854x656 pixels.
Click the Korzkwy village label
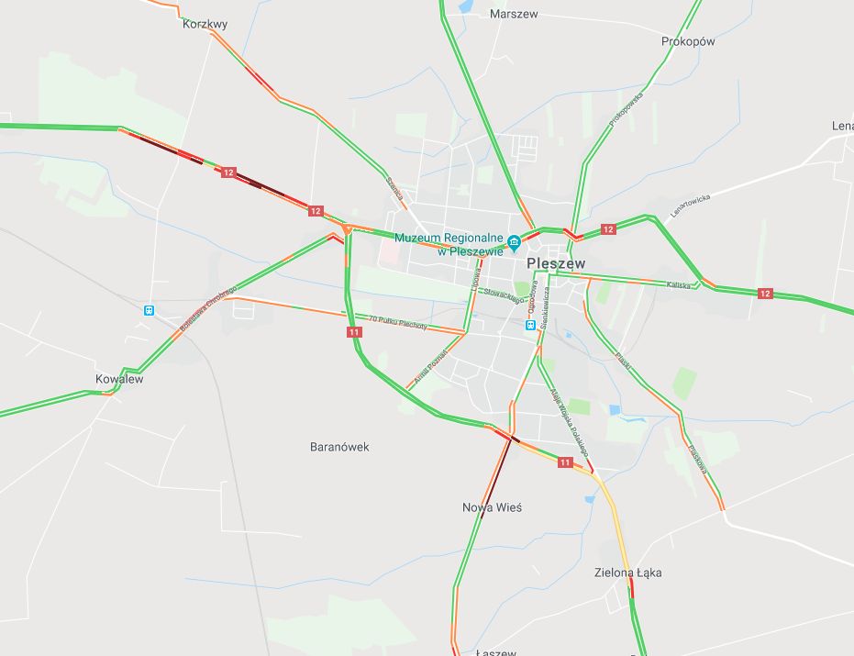coord(205,25)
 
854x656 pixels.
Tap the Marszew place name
coord(514,14)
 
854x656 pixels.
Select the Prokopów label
coord(687,41)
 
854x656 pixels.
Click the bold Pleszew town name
coord(556,263)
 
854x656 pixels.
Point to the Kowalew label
coord(119,378)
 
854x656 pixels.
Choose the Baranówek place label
coord(339,447)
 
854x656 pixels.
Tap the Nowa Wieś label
coord(492,507)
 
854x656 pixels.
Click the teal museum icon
coord(515,242)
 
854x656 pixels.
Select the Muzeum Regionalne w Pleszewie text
coord(449,244)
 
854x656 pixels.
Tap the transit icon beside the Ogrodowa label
coord(530,324)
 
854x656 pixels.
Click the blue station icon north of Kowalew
coord(149,310)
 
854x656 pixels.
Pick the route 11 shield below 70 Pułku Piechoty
coord(354,332)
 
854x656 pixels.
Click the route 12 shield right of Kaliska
coord(765,294)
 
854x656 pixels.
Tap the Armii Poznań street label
coord(429,365)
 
